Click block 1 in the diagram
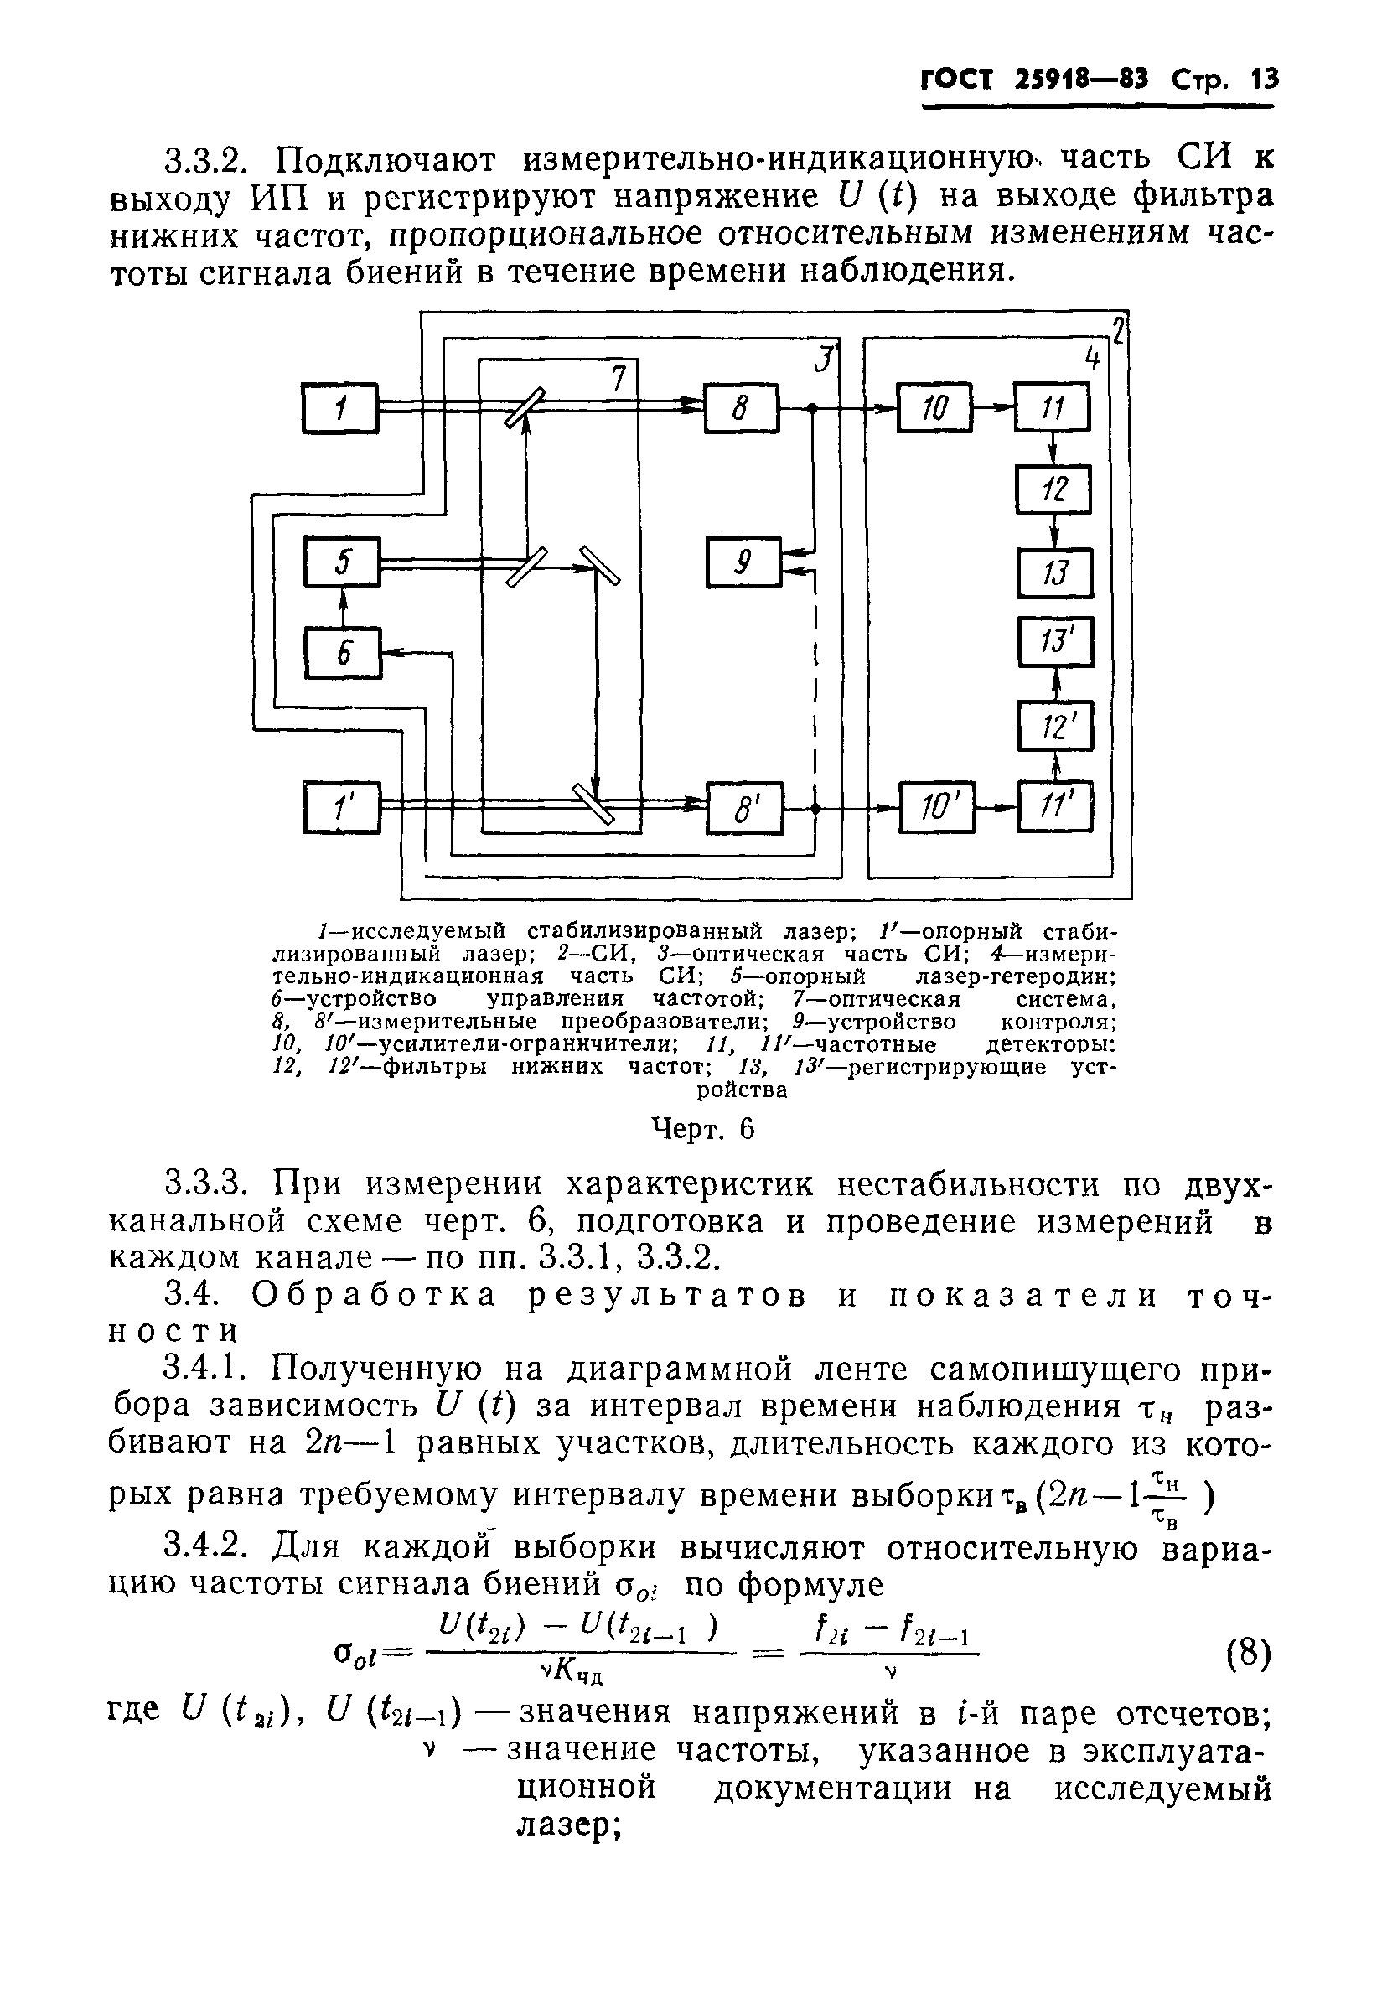[340, 407]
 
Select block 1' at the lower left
[341, 807]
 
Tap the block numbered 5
[342, 562]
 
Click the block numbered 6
[342, 652]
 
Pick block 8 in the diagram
[741, 407]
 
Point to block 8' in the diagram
[745, 808]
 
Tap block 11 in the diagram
[1052, 407]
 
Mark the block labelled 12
[1053, 490]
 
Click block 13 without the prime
[1054, 572]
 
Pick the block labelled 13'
[1055, 642]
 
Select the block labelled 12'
[1055, 725]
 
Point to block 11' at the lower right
[1054, 807]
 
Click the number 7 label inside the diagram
[618, 379]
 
